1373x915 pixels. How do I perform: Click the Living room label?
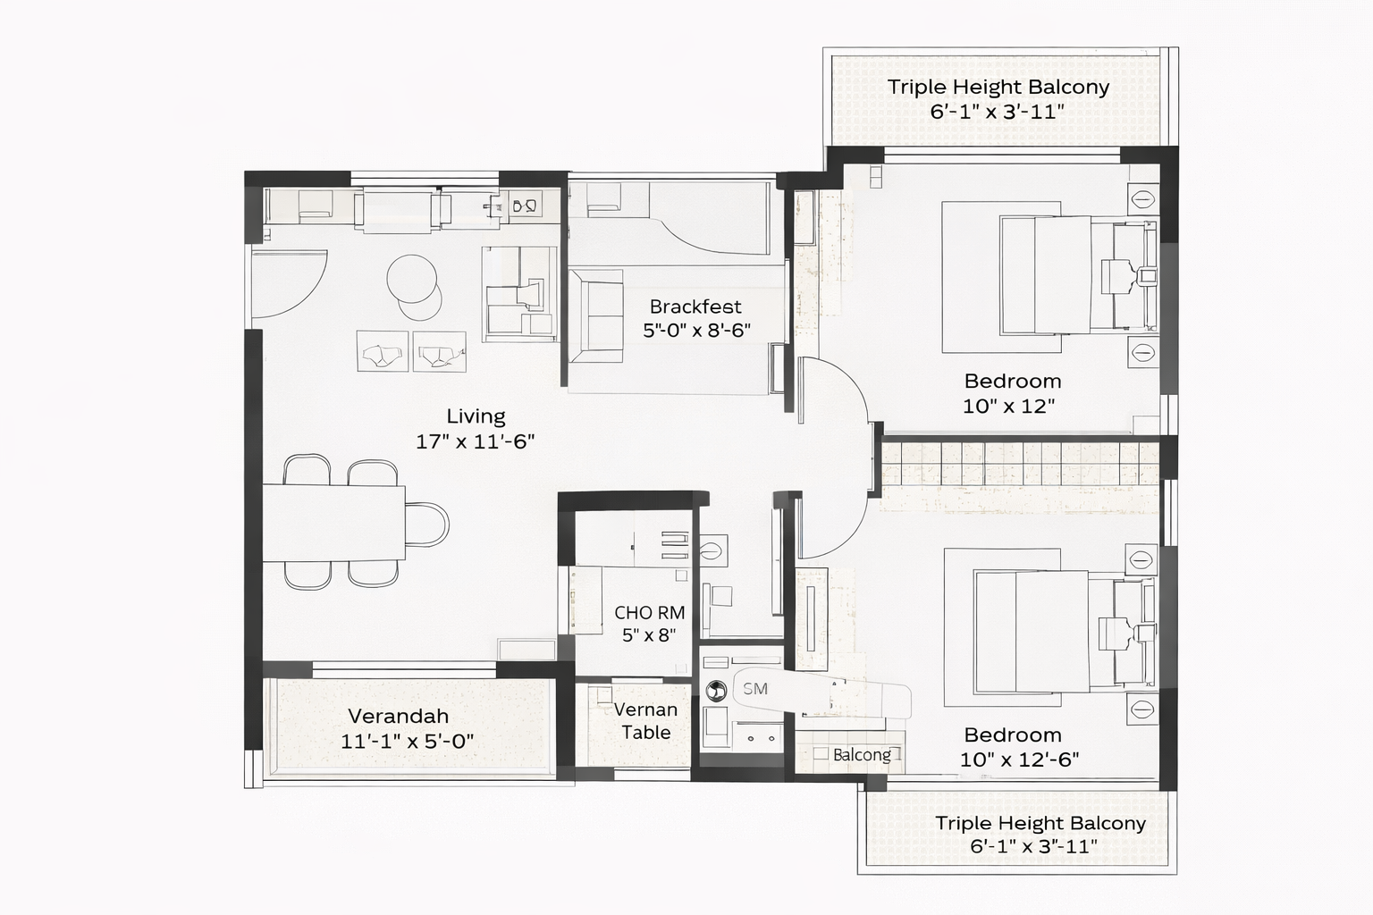[x=476, y=416]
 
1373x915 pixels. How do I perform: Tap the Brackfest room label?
[x=695, y=306]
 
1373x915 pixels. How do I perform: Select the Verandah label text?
[x=399, y=716]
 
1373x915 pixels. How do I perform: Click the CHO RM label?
[x=650, y=613]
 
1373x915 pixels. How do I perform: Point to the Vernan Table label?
[x=646, y=721]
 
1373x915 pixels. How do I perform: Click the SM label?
[x=755, y=689]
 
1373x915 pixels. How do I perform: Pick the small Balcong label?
[x=862, y=755]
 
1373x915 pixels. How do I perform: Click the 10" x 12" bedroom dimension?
[x=1008, y=407]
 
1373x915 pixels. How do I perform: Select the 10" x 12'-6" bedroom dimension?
[x=1019, y=760]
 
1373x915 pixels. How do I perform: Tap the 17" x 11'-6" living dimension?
[x=475, y=441]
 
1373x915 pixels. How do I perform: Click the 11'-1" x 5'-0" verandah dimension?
[x=407, y=742]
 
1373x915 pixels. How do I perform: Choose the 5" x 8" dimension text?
[x=649, y=635]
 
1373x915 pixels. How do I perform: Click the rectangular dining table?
[x=334, y=523]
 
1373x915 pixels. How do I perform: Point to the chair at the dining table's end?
[x=427, y=524]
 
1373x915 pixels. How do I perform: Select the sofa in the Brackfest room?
[x=596, y=316]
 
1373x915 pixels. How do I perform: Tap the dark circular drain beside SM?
[x=715, y=692]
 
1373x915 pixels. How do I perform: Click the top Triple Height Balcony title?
[x=998, y=87]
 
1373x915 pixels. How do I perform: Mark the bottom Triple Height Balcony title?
[x=1040, y=822]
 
